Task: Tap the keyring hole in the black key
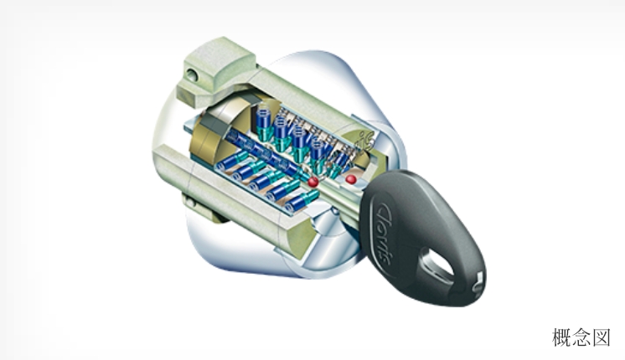438,265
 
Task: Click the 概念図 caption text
581,337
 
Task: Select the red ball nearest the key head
351,179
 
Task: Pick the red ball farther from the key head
313,182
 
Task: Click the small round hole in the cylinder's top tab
193,75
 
